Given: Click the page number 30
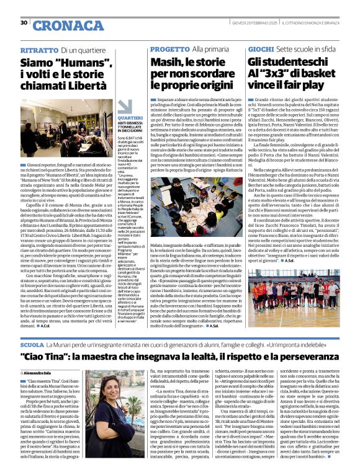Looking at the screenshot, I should tap(24, 23).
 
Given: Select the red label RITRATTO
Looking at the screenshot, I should tap(39, 49).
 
